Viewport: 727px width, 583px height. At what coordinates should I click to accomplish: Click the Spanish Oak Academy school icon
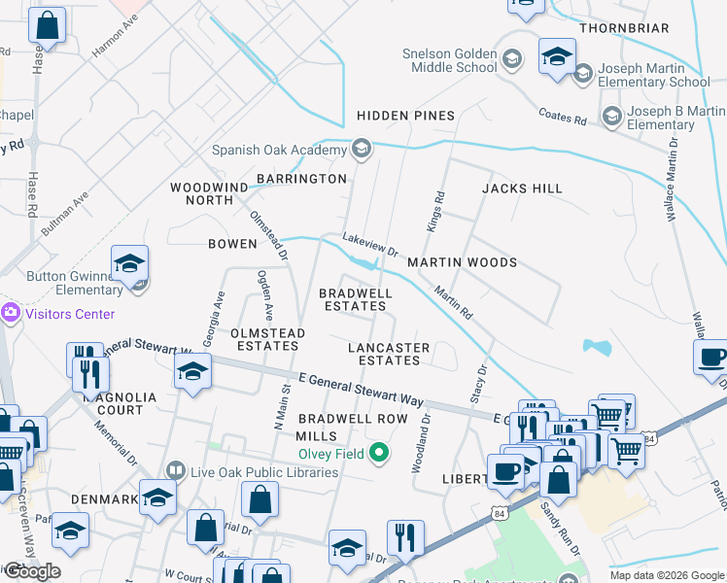pos(362,150)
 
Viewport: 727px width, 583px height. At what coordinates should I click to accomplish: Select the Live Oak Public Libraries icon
pos(175,471)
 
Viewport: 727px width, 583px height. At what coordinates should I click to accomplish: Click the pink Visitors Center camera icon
pos(11,313)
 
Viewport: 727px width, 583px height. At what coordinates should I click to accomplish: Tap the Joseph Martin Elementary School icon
pos(583,74)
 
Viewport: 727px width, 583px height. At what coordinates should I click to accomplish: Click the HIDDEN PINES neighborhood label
pos(405,116)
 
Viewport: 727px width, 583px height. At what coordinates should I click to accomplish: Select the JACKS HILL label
pos(522,188)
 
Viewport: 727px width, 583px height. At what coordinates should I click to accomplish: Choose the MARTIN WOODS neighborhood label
pos(462,262)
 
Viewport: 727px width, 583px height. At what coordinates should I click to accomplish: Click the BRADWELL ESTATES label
pos(356,299)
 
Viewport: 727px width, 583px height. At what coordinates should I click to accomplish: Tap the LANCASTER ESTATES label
pos(389,354)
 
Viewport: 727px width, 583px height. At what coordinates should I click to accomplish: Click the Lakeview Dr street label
pos(369,244)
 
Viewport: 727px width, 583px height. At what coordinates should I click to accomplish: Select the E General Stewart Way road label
pos(362,388)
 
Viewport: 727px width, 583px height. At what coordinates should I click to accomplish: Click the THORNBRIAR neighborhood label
pos(638,28)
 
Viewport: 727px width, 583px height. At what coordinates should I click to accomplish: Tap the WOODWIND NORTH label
pos(202,192)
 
